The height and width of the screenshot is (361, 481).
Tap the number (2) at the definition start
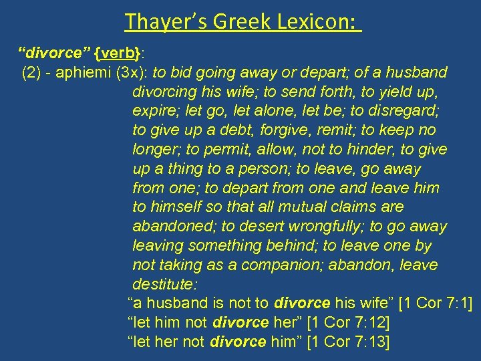(x=31, y=72)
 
